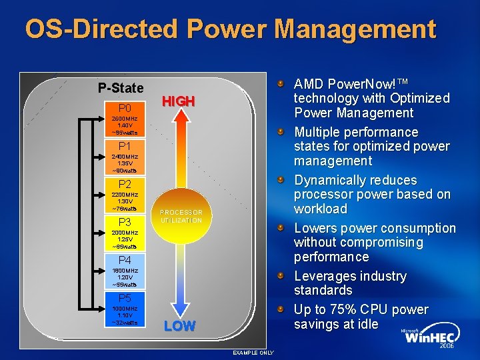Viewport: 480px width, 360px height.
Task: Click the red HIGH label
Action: pyautogui.click(x=179, y=101)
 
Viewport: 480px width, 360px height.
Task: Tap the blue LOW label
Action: pyautogui.click(x=180, y=326)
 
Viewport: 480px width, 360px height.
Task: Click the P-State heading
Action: pyautogui.click(x=121, y=88)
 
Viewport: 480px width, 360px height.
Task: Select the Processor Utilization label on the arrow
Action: pyautogui.click(x=181, y=216)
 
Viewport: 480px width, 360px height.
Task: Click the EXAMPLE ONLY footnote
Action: pyautogui.click(x=253, y=352)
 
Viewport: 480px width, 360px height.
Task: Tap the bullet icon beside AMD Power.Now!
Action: pyautogui.click(x=282, y=84)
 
